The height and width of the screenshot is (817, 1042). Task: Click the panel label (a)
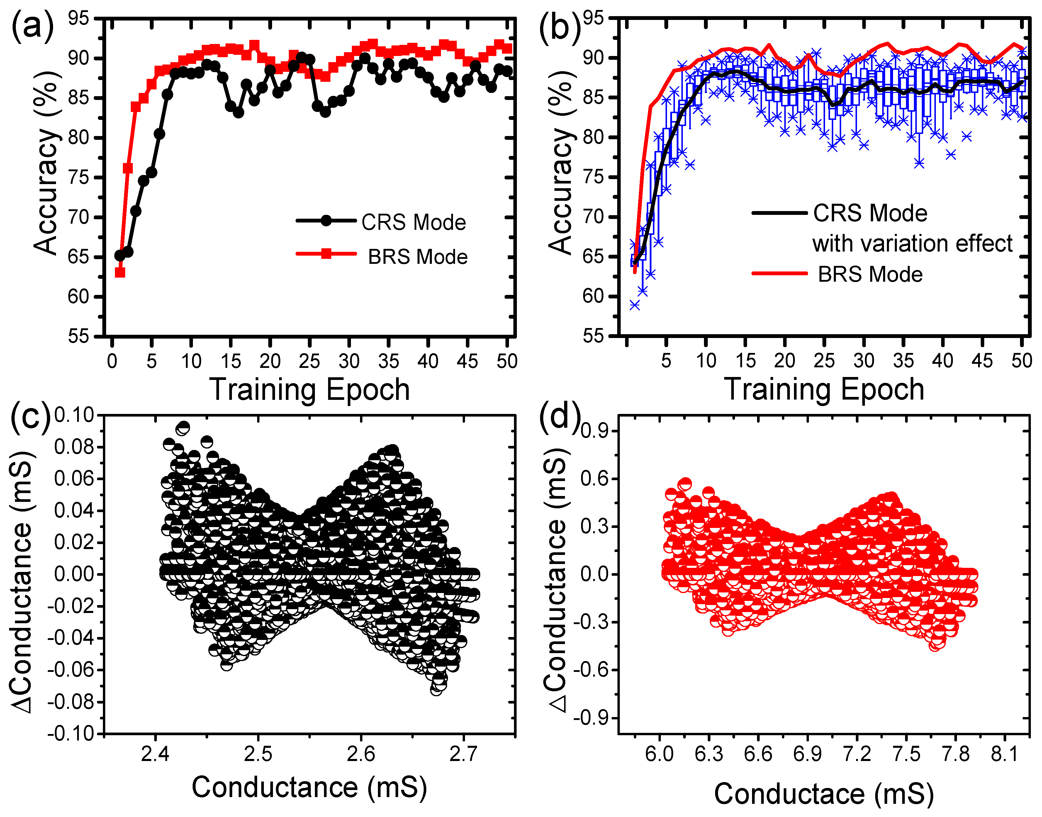click(33, 27)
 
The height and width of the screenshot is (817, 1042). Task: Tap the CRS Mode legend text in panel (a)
click(413, 222)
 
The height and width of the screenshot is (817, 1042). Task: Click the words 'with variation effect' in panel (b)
click(912, 244)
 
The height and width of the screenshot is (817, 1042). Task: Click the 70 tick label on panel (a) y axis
click(78, 218)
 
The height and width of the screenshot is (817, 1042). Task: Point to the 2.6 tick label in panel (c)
click(361, 754)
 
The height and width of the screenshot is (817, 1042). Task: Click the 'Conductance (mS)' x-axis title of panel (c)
click(309, 787)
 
